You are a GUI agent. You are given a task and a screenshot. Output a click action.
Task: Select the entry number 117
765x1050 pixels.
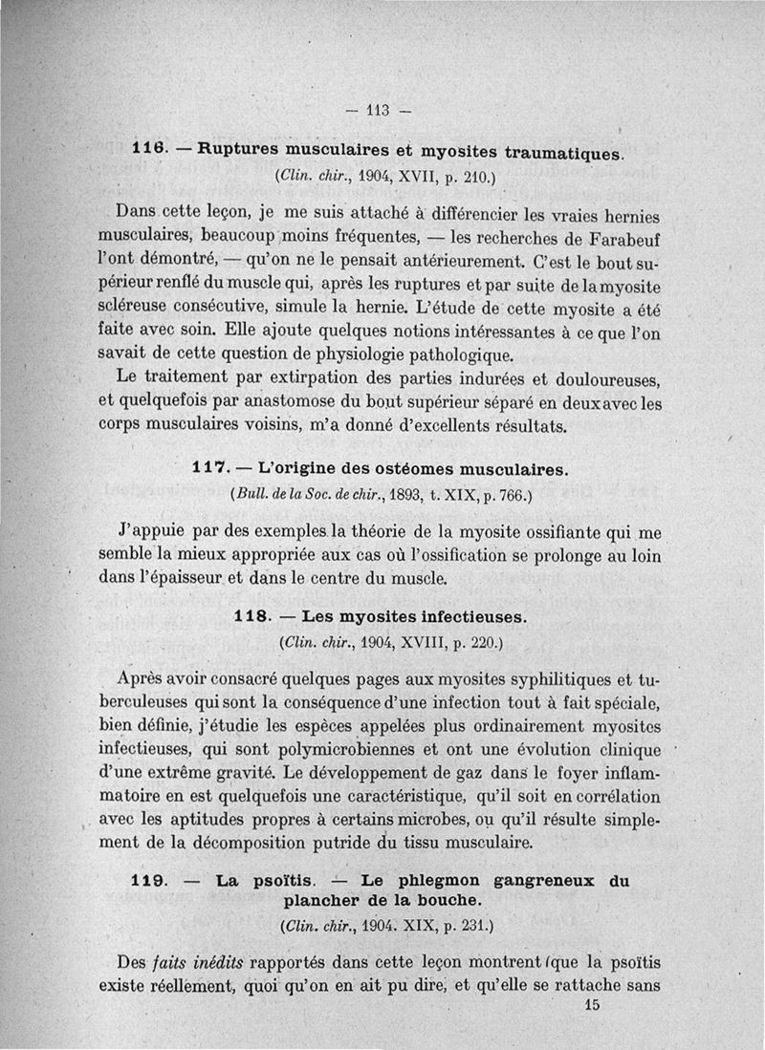208,469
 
